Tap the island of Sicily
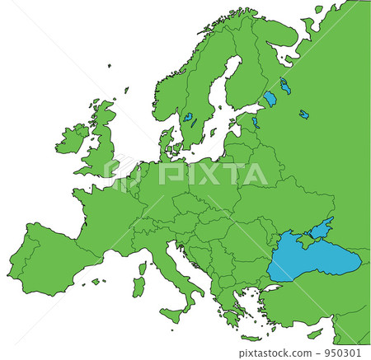(174, 313)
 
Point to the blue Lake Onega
(285, 85)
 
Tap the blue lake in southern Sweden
(188, 118)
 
